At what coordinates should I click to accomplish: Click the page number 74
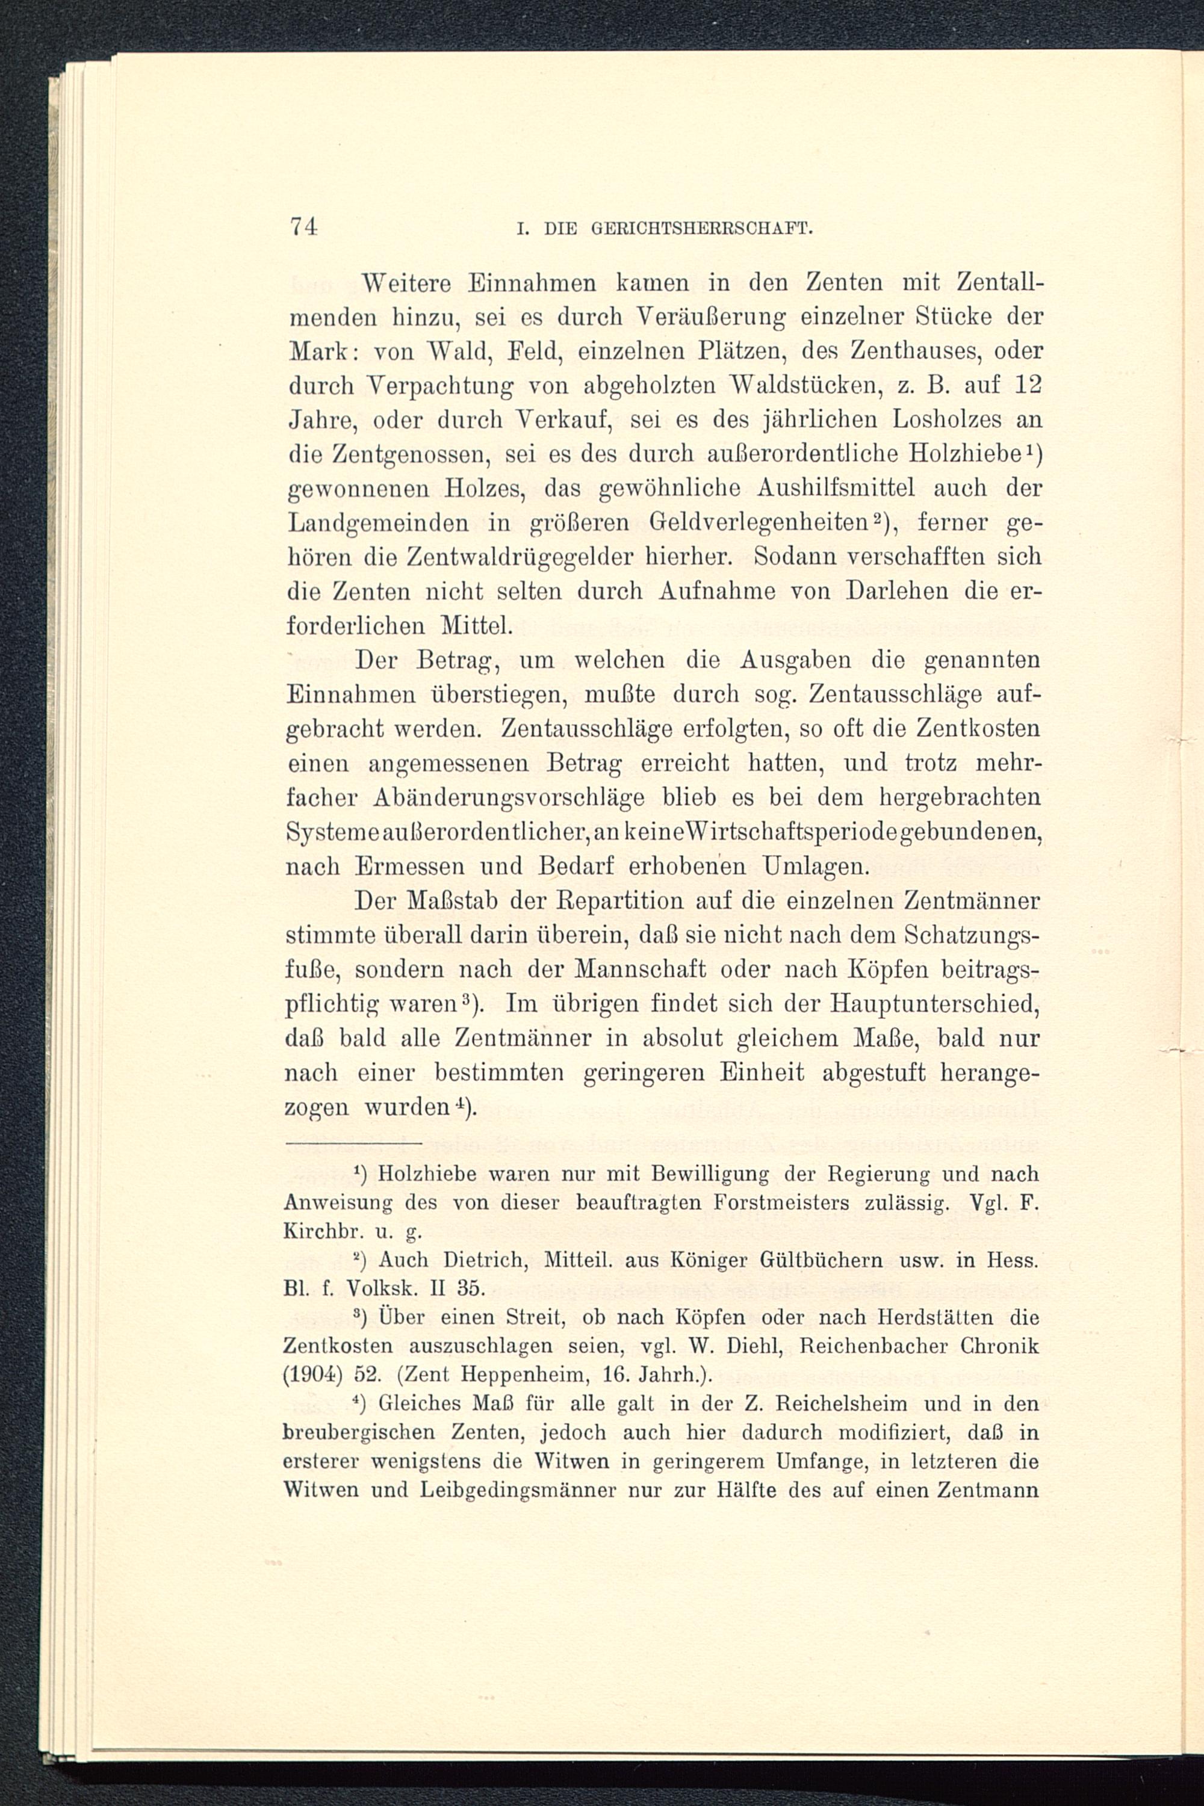(x=304, y=227)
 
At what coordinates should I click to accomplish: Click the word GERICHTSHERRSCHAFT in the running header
(x=703, y=229)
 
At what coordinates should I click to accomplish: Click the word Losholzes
(x=931, y=420)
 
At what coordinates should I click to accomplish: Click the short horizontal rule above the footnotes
(x=353, y=1145)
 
